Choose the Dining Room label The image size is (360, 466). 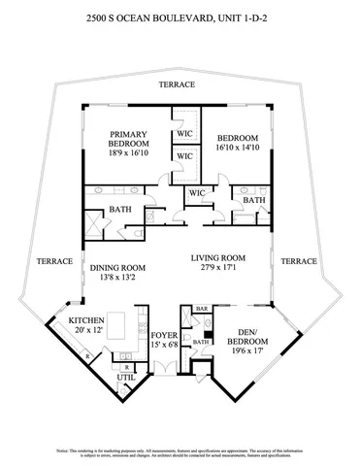(x=117, y=268)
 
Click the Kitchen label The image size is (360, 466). (x=85, y=319)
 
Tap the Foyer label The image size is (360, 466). (x=164, y=335)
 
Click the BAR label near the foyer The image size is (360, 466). (x=202, y=309)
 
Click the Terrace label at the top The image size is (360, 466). (x=178, y=84)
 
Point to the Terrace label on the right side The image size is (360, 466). (x=300, y=261)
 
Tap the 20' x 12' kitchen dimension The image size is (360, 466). (x=84, y=329)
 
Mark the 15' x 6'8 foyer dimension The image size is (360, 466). (x=164, y=345)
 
